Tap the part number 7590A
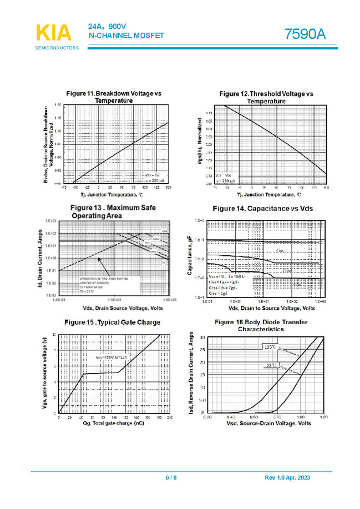[x=305, y=34]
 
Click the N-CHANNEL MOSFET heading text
[x=126, y=36]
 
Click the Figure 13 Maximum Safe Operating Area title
[x=113, y=211]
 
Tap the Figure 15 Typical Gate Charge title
[x=112, y=322]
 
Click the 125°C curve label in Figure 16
[x=270, y=347]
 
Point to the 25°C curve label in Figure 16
[x=270, y=366]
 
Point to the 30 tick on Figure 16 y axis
[x=202, y=336]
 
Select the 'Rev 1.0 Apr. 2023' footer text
[x=287, y=477]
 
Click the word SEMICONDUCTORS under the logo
[x=57, y=48]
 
